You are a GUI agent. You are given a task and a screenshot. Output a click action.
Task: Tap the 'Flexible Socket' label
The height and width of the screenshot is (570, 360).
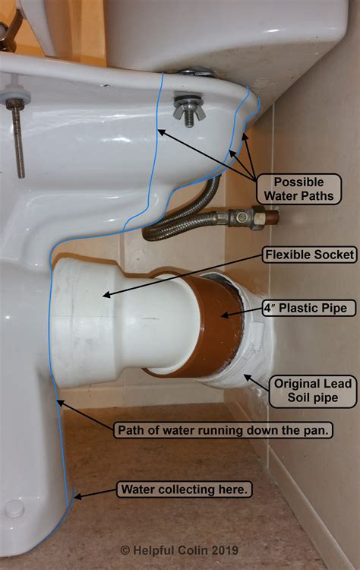point(308,255)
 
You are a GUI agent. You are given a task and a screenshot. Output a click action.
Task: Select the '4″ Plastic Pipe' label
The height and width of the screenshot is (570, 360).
point(308,309)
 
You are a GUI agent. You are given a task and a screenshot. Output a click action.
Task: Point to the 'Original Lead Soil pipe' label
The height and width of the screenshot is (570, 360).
point(313,391)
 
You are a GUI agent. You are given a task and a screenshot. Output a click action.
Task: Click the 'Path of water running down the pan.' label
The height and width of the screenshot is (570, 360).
point(223,430)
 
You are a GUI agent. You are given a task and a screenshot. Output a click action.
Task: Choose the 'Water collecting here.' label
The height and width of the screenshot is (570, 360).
point(183,489)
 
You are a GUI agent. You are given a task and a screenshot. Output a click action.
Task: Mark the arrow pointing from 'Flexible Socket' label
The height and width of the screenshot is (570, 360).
point(182,274)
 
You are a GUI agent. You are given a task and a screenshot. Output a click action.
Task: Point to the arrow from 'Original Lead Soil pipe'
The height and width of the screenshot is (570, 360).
point(254,380)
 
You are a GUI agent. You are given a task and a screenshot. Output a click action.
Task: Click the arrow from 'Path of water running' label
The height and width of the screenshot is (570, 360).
point(84,416)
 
